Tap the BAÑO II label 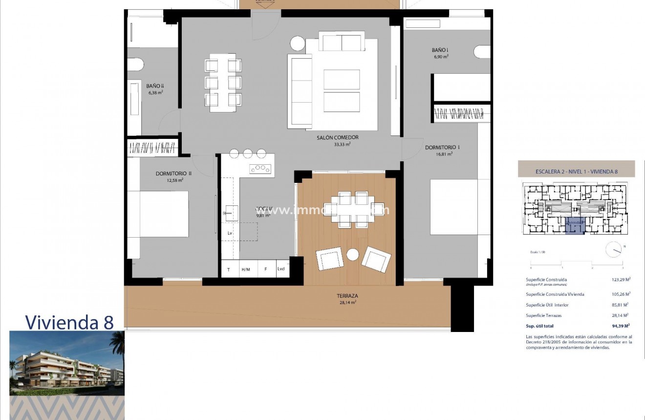[x=154, y=86]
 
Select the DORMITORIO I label [x=442, y=147]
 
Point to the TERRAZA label [x=347, y=296]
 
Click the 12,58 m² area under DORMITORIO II [x=174, y=180]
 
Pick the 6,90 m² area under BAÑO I [x=441, y=57]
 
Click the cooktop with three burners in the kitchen [x=260, y=169]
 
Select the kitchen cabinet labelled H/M [x=245, y=269]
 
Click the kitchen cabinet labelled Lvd [x=281, y=269]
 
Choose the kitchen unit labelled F [x=265, y=269]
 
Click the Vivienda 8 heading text [x=69, y=322]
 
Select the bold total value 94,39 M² [x=621, y=326]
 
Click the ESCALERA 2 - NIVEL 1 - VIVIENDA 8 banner [x=576, y=171]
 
